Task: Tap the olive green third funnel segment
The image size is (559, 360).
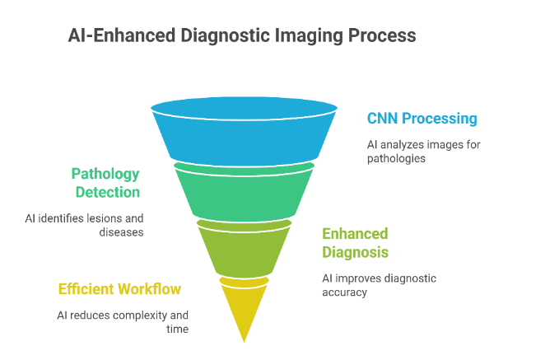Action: pos(244,247)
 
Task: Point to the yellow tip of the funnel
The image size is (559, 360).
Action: pos(244,309)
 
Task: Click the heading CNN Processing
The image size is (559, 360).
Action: pos(422,119)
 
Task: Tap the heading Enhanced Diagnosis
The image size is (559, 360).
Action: pos(355,242)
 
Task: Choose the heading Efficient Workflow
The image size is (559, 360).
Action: pos(119,289)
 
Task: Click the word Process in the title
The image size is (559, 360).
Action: pos(383,36)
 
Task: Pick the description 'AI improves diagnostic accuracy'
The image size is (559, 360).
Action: pos(379,284)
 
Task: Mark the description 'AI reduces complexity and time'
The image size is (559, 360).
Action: pos(122,322)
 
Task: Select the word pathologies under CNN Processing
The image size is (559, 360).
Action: pos(396,158)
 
